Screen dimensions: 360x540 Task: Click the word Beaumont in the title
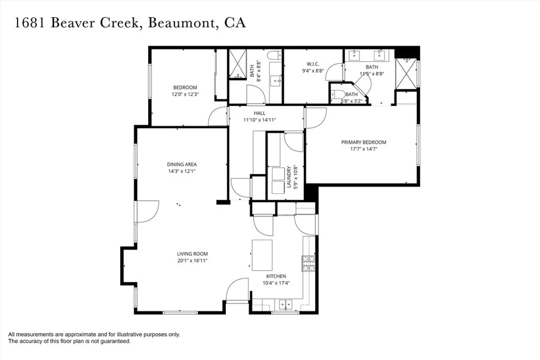[178, 24]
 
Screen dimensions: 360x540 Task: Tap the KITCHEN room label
[276, 276]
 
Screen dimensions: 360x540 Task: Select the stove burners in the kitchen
[307, 263]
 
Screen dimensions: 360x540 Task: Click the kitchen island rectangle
[263, 255]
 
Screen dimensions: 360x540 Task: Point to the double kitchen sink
[285, 304]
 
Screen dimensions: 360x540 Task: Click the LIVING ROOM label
[192, 254]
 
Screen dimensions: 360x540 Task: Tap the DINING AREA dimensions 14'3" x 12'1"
[181, 171]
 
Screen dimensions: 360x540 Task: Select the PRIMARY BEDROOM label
[363, 142]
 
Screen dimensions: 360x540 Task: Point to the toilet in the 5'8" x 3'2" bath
[336, 95]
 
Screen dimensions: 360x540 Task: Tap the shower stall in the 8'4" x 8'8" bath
[237, 64]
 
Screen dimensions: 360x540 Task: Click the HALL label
[259, 113]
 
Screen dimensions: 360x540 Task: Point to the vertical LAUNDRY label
[289, 178]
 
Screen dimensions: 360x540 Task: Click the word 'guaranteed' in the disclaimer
[115, 342]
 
